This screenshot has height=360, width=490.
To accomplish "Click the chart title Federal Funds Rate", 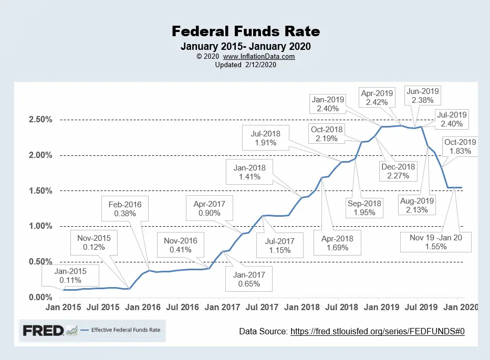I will tap(245, 31).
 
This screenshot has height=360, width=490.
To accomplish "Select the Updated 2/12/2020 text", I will tap(245, 65).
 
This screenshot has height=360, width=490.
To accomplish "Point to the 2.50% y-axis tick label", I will tap(40, 120).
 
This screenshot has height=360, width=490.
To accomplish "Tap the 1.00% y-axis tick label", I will tap(40, 226).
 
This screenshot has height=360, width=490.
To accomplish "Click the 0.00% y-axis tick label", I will tap(40, 298).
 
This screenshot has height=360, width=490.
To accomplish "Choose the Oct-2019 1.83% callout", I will tap(460, 146).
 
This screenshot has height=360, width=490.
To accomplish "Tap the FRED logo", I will tap(43, 331).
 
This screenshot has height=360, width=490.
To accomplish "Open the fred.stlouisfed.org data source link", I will tap(378, 332).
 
